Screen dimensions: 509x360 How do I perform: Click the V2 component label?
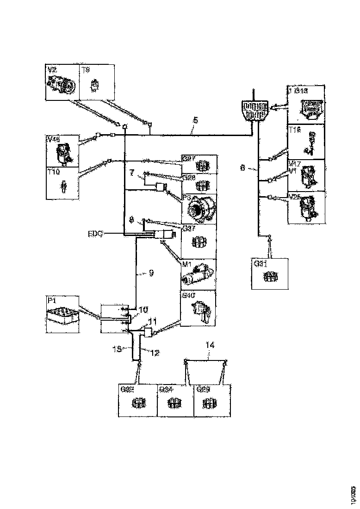coord(52,70)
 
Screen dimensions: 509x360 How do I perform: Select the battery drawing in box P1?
coord(62,317)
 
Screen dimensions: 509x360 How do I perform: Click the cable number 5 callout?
coord(195,121)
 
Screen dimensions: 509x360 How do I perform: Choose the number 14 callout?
coord(211,345)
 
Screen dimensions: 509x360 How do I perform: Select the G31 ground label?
coord(259,264)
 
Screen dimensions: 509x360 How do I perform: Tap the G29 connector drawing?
coord(211,403)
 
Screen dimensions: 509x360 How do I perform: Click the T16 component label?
coord(295,130)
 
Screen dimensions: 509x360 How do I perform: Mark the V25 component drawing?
coord(307,207)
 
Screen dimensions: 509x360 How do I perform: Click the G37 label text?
coord(188,228)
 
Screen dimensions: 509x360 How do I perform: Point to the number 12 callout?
coord(155,353)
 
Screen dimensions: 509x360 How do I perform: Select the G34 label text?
coord(167,390)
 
